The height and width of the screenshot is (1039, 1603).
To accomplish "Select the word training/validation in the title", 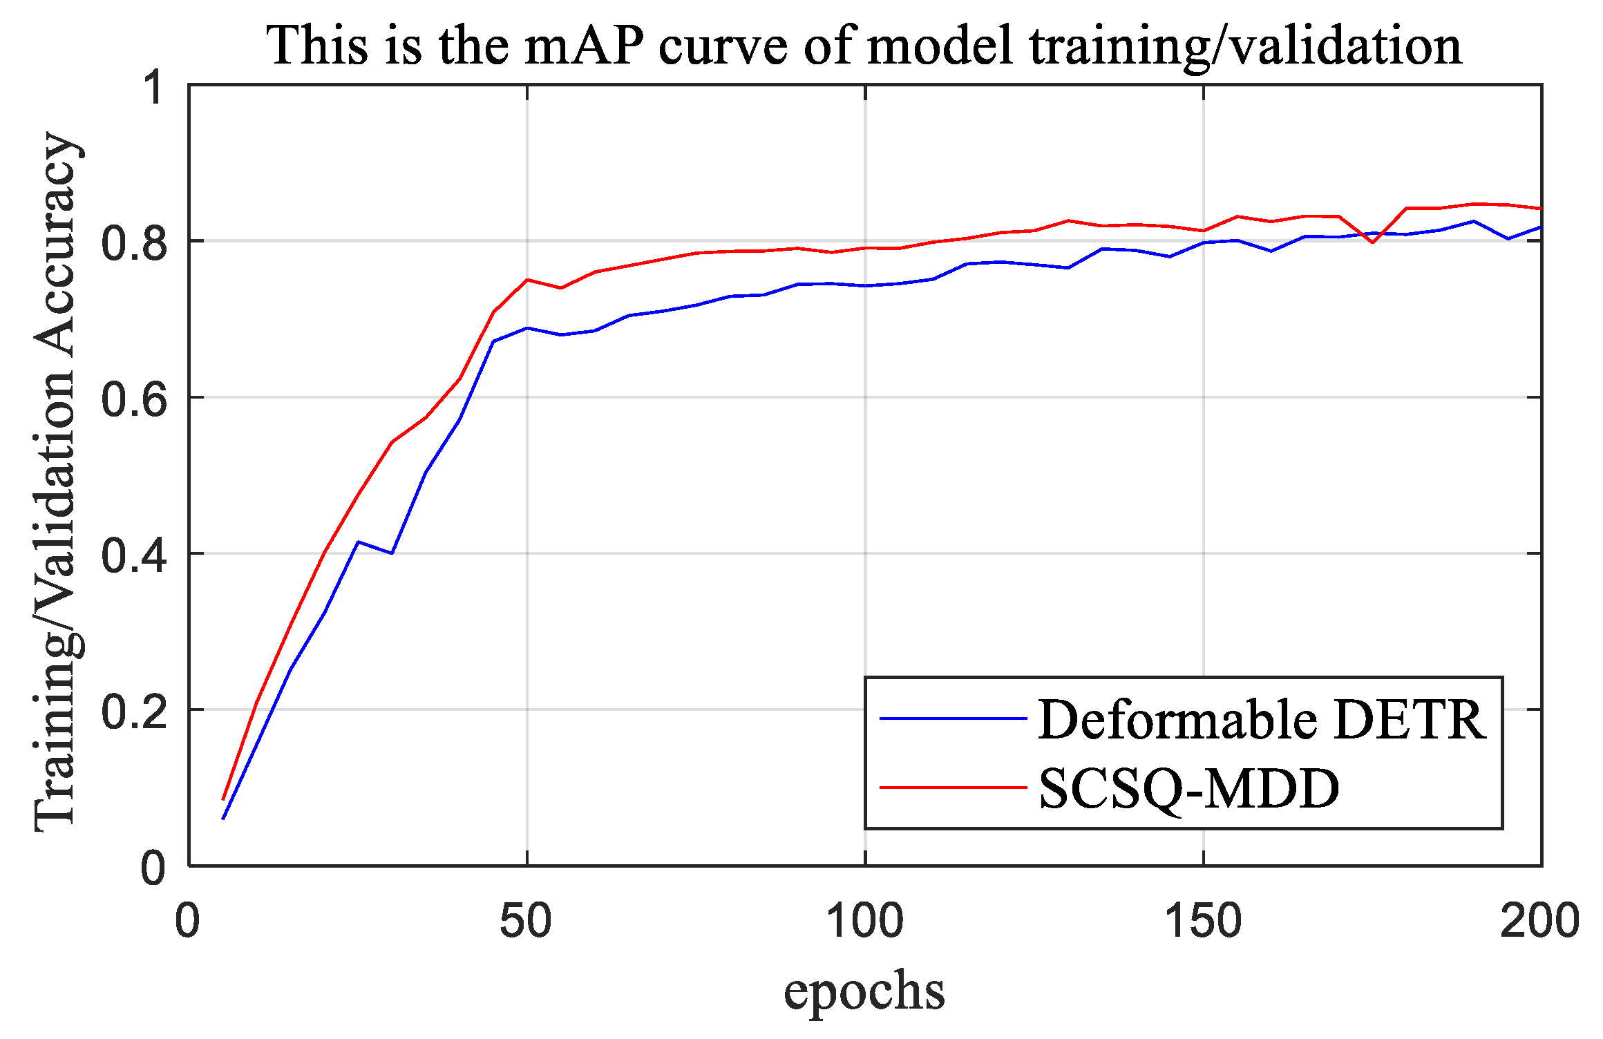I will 1244,46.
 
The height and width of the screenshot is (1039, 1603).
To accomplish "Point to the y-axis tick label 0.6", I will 134,399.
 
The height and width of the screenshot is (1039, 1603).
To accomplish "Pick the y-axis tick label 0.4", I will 134,555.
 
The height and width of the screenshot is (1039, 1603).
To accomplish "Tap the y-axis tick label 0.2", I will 134,712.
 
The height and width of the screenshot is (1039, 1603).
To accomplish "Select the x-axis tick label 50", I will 527,921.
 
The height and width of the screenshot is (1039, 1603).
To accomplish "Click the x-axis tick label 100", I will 865,921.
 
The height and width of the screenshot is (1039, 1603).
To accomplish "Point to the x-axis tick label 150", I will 1204,921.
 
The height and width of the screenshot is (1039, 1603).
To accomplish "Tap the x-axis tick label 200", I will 1539,921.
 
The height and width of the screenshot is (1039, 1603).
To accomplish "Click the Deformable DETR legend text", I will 1262,720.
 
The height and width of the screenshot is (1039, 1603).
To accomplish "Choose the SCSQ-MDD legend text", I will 1189,788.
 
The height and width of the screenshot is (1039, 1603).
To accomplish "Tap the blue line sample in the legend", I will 953,718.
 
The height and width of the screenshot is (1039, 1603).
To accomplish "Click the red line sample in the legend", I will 953,787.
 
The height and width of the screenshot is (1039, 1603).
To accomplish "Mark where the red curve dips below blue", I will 1372,241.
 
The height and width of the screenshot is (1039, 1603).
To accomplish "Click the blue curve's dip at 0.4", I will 392,553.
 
